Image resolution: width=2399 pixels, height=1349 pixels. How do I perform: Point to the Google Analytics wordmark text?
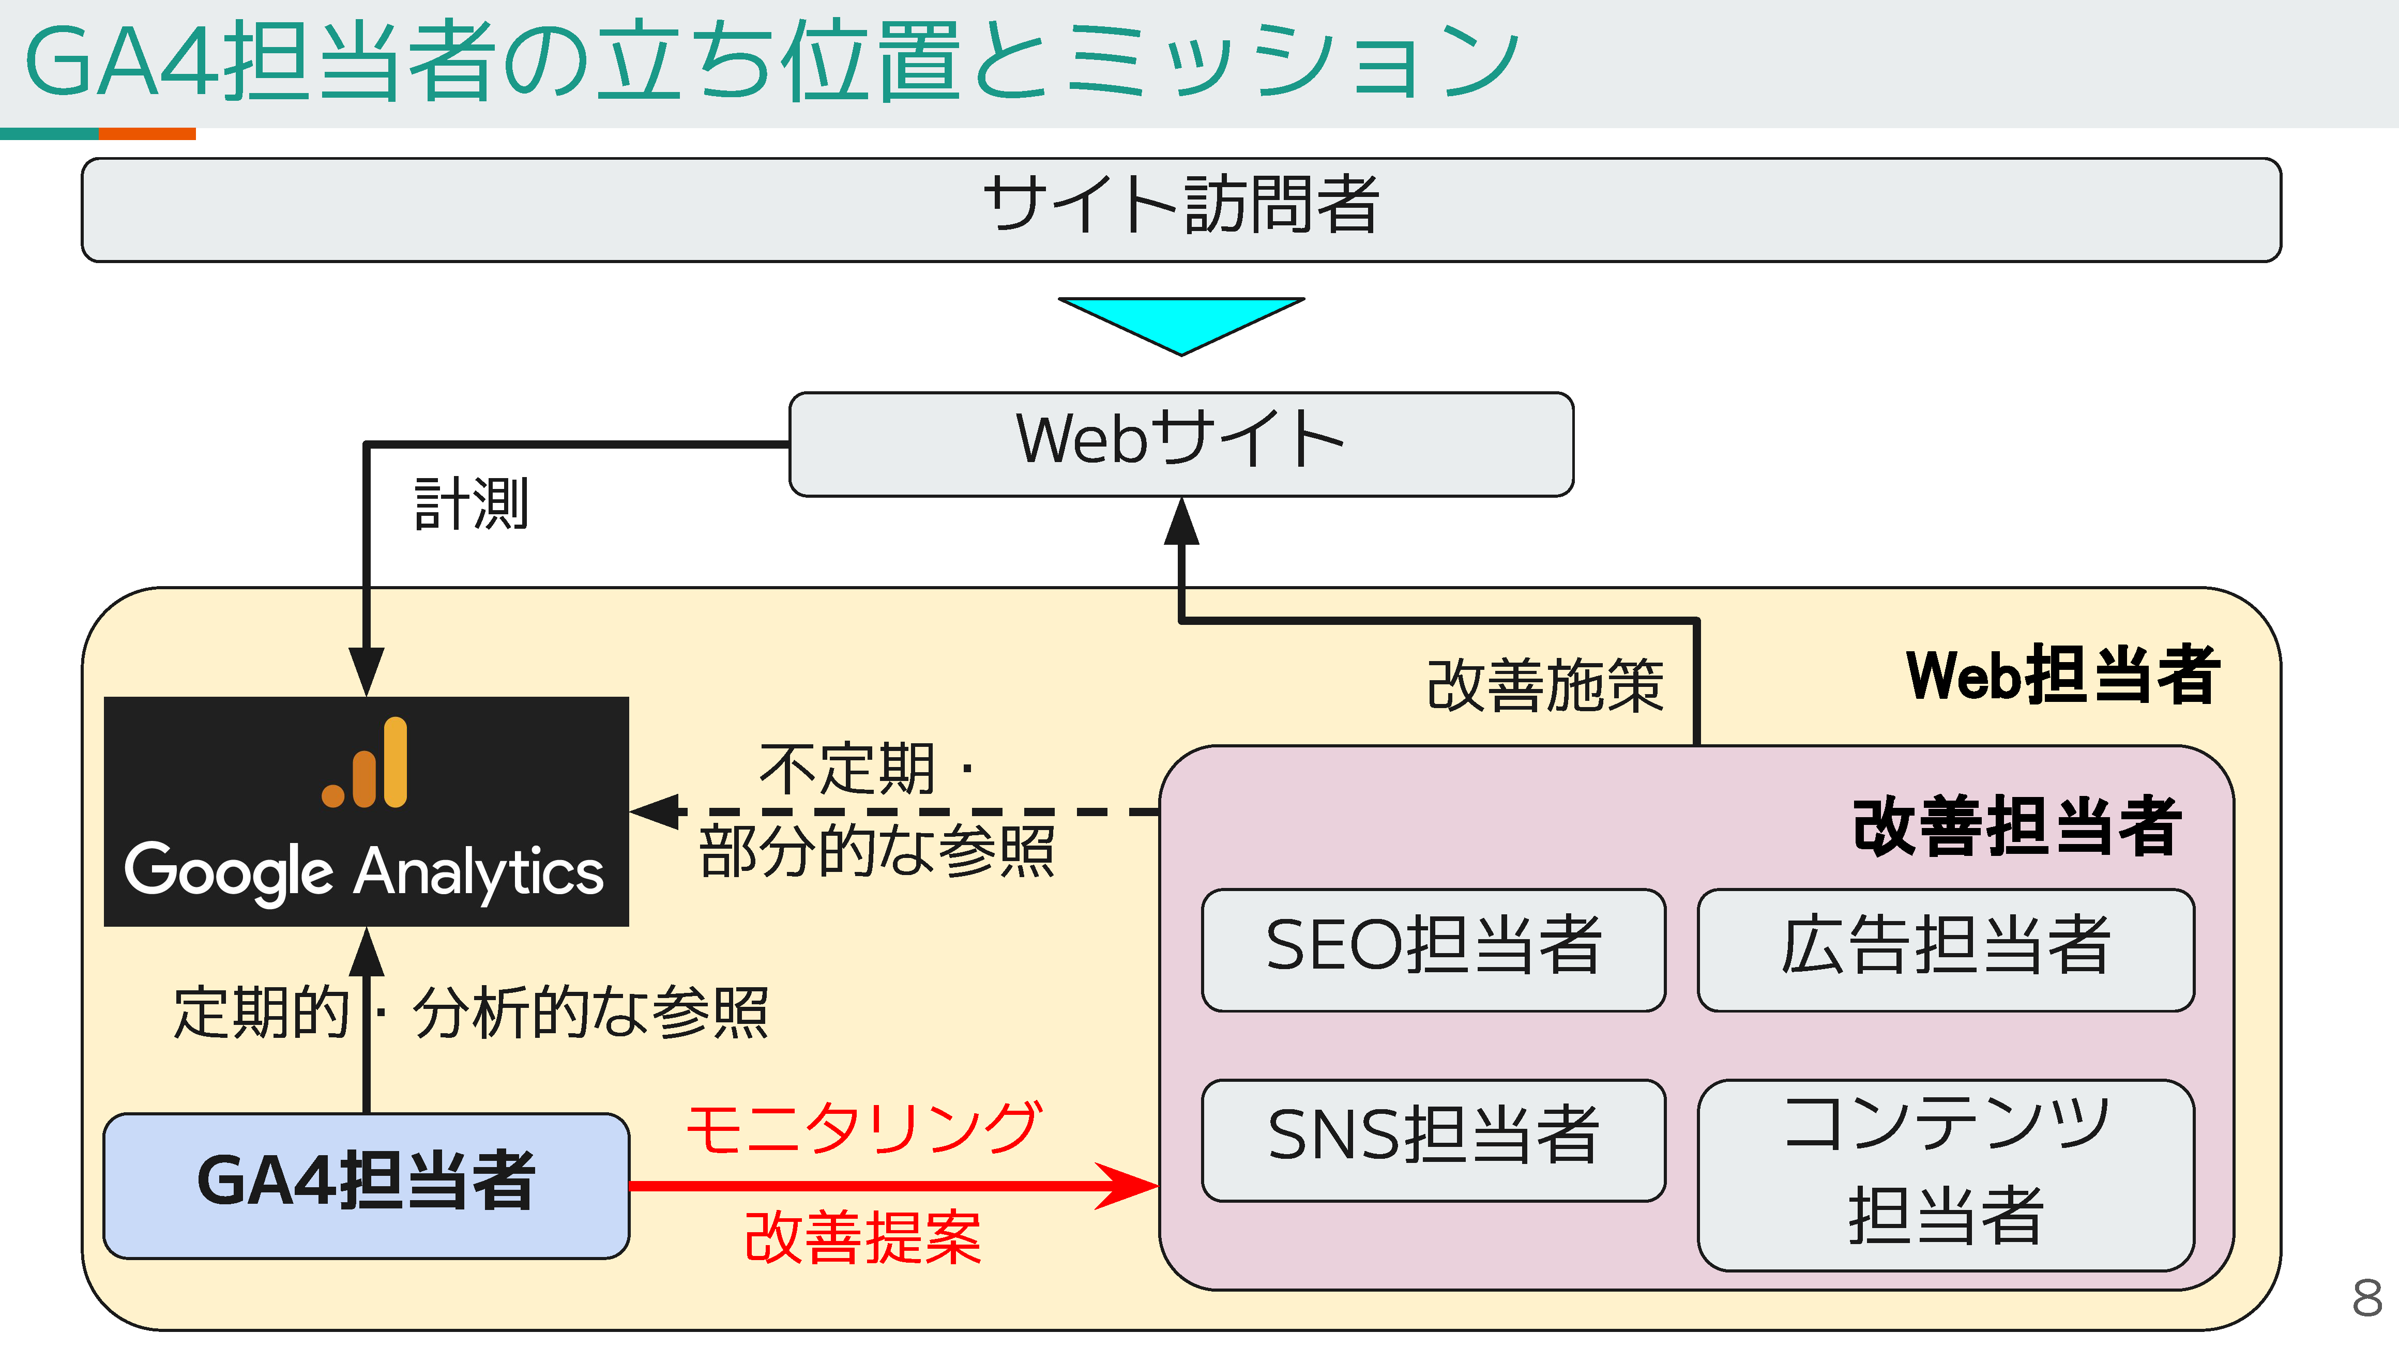click(364, 872)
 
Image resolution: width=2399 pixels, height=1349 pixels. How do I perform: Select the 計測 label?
click(471, 504)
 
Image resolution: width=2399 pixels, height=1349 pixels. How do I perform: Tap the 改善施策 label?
click(1545, 686)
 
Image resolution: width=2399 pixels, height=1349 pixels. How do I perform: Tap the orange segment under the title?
click(147, 134)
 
